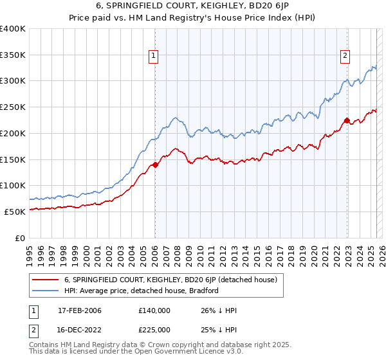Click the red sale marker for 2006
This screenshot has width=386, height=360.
[155, 165]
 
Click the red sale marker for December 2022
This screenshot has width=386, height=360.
[346, 120]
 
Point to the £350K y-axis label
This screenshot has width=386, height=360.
[13, 55]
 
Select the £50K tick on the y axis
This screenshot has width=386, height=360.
[15, 211]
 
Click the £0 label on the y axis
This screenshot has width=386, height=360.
[21, 237]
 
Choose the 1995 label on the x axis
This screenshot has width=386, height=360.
[30, 251]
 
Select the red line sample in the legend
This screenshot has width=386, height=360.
[44, 280]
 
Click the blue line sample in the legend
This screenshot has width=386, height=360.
[44, 291]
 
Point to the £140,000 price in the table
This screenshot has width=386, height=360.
[154, 310]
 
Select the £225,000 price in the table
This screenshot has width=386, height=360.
[154, 329]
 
